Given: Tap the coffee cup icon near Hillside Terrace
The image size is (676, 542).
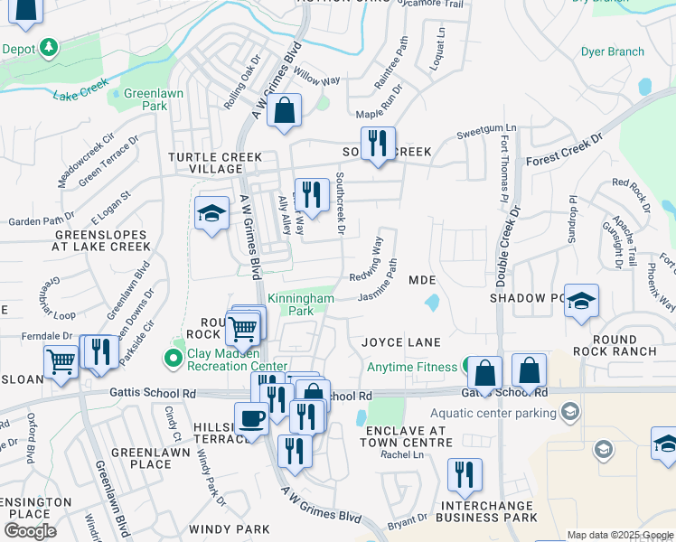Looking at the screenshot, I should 250,418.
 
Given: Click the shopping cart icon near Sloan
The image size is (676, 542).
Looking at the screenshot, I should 61,360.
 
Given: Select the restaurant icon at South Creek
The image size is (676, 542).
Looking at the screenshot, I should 379,143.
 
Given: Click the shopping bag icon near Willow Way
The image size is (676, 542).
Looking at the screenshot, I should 284,111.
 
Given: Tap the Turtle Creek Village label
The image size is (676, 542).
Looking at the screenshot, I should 205,163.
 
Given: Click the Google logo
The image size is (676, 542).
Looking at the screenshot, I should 30,530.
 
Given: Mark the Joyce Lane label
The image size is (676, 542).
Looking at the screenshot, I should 401,342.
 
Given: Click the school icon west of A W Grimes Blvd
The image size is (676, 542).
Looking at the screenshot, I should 211,213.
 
